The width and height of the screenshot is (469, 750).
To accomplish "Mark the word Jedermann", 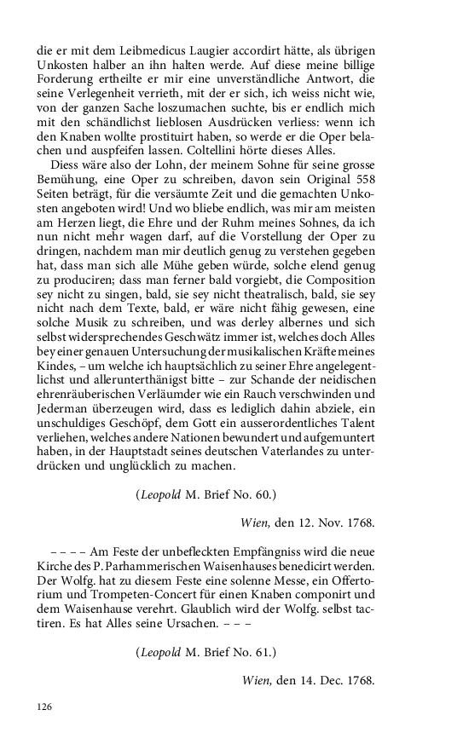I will click(67, 413).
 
